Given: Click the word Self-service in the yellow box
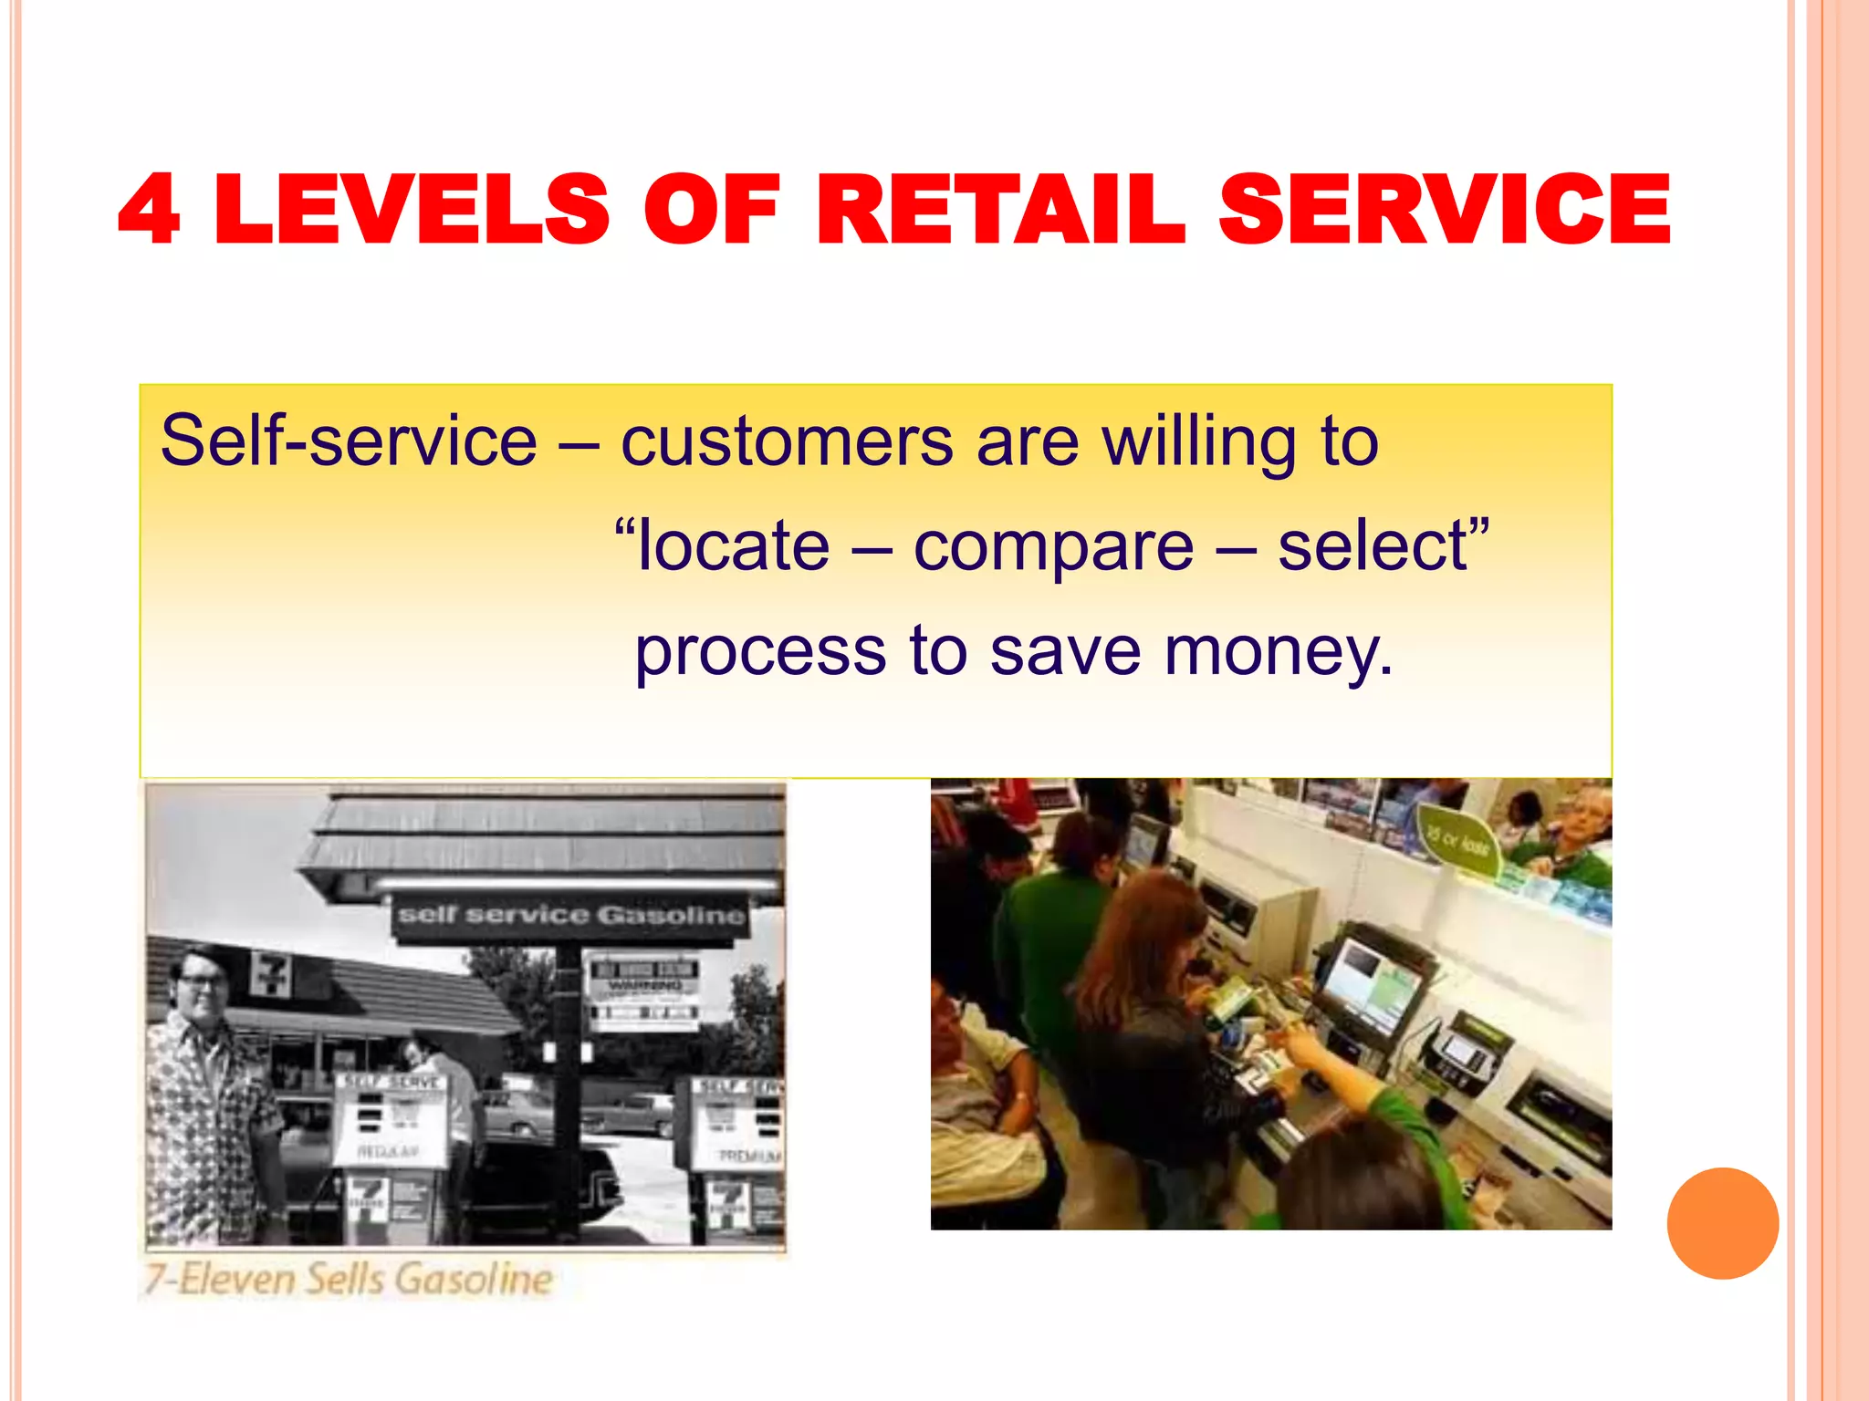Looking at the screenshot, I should pos(349,441).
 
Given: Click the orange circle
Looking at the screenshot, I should pos(1722,1223).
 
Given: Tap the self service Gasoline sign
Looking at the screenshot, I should pos(571,915).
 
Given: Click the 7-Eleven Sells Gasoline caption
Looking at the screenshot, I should pos(349,1279).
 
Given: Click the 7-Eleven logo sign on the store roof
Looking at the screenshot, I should pos(271,974).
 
